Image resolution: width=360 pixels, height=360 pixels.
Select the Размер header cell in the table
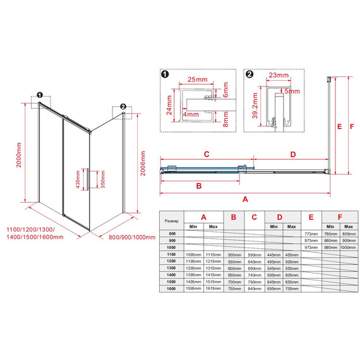click(171, 222)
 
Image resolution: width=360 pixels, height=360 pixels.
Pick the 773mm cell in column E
click(310, 234)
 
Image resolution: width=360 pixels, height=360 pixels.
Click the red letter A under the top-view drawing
click(244, 198)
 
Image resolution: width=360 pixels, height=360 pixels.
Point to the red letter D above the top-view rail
click(292, 154)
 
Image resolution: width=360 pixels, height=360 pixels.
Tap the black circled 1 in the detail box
click(164, 74)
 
